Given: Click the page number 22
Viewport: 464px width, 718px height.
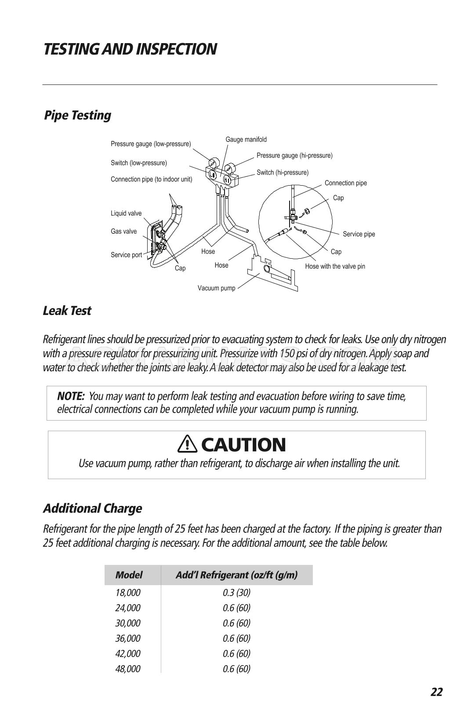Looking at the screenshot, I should pos(436,692).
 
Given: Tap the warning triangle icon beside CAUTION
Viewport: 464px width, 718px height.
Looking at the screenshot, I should pos(187,444).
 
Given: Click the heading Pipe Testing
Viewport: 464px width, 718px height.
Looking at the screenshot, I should pos(78,115).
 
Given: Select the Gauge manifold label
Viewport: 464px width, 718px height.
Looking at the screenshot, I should pos(246,139).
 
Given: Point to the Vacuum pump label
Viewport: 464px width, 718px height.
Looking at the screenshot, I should pos(216,288).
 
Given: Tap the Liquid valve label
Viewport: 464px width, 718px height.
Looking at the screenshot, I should pos(126,213).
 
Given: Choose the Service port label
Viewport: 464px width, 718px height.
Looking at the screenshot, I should pos(126,255).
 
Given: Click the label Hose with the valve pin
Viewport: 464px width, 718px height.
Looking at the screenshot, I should pos(335,266).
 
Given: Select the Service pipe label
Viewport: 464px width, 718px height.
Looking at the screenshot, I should pos(359,234).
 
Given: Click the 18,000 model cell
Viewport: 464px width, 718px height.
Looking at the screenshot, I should pos(128,593).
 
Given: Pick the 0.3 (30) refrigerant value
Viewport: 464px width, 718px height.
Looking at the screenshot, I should pos(236,593).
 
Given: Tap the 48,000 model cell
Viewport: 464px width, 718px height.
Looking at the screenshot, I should pos(128,669).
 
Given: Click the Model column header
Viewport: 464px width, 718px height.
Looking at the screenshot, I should pos(129,575).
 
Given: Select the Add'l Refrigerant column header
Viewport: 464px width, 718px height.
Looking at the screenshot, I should pos(236,575).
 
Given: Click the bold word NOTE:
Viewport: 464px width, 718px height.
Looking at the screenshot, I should pos(71,396).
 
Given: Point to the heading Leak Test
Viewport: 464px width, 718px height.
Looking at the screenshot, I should pos(67,311).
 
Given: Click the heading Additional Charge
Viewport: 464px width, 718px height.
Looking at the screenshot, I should pos(92,508).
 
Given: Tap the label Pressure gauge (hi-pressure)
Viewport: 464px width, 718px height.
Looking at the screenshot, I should pos(294,155).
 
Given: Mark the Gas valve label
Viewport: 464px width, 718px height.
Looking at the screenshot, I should pos(123,231).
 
